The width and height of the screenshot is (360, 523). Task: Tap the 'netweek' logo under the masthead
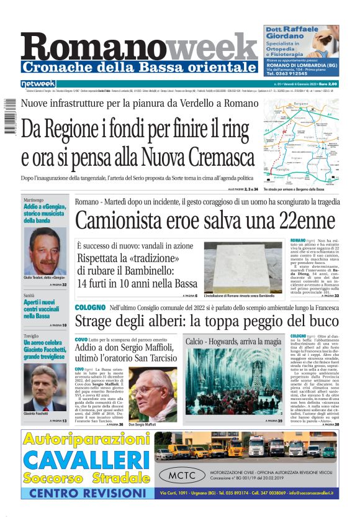click(x=38, y=83)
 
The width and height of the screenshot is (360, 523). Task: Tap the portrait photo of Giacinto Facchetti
click(x=45, y=388)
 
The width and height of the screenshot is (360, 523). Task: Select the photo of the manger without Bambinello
click(x=247, y=267)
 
